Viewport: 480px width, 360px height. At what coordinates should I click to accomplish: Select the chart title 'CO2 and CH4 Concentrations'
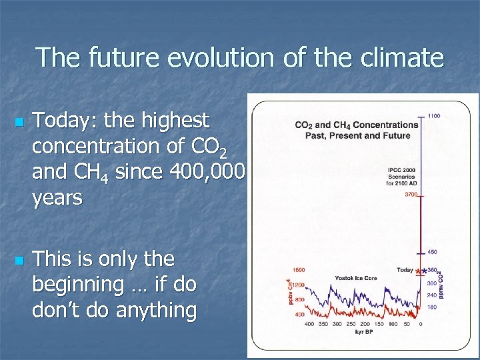click(x=357, y=125)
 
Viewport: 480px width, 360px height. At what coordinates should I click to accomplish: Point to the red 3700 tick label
click(x=412, y=195)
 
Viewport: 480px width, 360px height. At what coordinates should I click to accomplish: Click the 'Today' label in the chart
click(x=405, y=270)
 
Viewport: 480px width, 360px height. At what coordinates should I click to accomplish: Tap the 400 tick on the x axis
click(x=309, y=323)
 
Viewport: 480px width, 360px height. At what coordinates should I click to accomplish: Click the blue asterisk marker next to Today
click(x=424, y=271)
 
